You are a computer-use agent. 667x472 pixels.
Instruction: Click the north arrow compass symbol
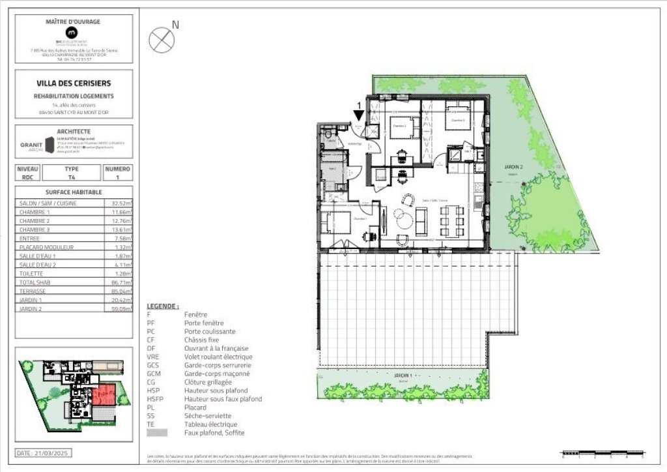pos(162,40)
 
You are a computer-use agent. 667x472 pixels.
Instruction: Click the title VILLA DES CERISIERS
pos(74,83)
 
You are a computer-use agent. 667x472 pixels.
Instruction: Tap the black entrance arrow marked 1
pos(358,115)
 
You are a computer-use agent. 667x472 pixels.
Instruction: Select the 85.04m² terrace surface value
pos(121,291)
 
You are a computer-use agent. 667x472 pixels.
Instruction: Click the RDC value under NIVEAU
pos(27,177)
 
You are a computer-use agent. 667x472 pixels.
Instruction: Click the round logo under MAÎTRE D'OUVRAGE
pos(73,32)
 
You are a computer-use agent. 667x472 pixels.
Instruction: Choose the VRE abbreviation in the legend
pos(153,357)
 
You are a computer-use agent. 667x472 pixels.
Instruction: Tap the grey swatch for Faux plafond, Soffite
pos(157,433)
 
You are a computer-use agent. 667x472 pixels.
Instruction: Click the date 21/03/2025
pos(42,452)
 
